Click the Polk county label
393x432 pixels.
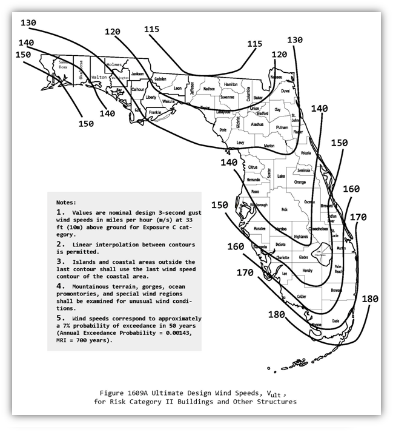tap(284, 209)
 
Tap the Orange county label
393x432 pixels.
tap(300, 182)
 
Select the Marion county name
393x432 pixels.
tap(269, 146)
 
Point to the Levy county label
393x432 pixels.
tap(240, 142)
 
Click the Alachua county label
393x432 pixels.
tap(257, 124)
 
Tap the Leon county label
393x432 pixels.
tap(177, 88)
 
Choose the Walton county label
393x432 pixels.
tap(99, 77)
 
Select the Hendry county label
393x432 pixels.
tap(307, 271)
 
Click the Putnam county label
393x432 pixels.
tap(282, 128)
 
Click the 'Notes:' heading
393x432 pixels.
tap(67, 201)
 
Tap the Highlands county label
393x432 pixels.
tap(301, 237)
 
